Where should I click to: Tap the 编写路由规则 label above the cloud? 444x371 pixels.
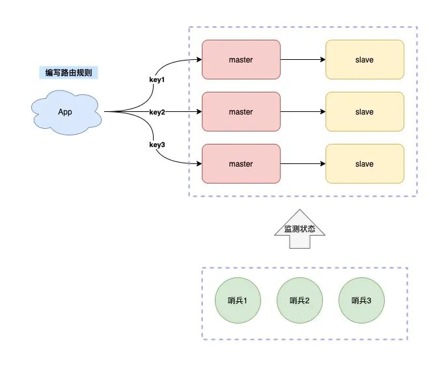(68, 73)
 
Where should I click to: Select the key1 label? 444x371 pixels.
(157, 80)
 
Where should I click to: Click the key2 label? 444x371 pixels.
(157, 112)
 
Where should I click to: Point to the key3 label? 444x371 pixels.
(157, 144)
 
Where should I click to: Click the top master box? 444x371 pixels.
(241, 60)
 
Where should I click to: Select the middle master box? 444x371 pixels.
(241, 112)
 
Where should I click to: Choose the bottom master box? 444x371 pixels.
(241, 164)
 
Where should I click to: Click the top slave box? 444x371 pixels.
(365, 60)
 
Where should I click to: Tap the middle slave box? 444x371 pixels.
(365, 112)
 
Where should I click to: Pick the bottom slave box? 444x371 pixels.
(365, 164)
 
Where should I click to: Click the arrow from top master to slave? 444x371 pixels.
(303, 60)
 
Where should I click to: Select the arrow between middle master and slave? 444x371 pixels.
(303, 112)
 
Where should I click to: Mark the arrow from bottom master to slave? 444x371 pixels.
(303, 164)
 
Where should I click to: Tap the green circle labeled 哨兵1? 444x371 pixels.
(237, 301)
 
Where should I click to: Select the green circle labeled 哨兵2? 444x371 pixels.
(299, 301)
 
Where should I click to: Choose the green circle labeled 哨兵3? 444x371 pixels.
(361, 301)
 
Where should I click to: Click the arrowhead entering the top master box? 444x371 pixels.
(199, 60)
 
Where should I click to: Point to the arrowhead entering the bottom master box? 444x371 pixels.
(199, 164)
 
